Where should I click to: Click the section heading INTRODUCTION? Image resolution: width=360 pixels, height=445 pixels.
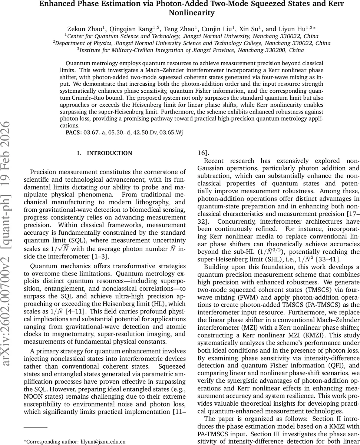tap(109, 153)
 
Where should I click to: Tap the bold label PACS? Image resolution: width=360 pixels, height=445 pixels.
tap(74, 132)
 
